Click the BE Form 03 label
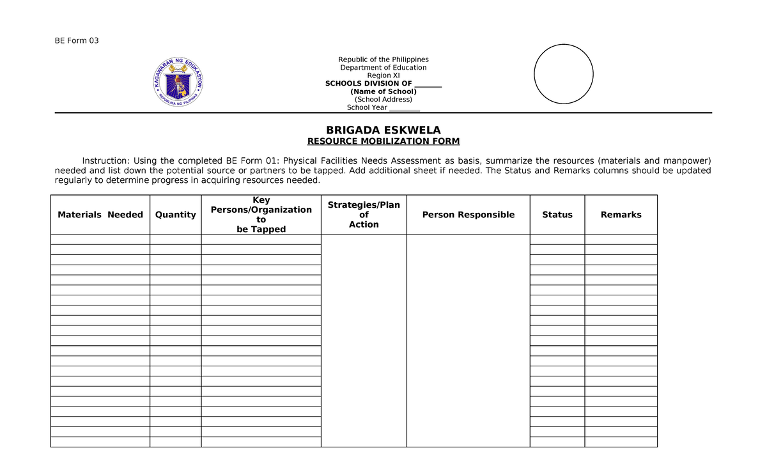tap(76, 42)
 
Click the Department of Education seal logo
tap(180, 82)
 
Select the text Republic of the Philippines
tap(383, 59)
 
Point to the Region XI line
tap(383, 75)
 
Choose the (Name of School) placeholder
tap(383, 91)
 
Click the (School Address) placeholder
tap(383, 99)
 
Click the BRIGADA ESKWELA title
tap(383, 130)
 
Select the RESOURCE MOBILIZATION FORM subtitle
tap(383, 141)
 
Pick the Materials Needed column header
tap(100, 215)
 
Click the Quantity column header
tap(175, 215)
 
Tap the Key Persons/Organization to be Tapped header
tap(261, 215)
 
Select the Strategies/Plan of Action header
tap(364, 215)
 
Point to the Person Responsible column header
tap(468, 215)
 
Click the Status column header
tap(557, 215)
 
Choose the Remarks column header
tap(621, 215)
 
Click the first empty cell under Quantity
tap(175, 239)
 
